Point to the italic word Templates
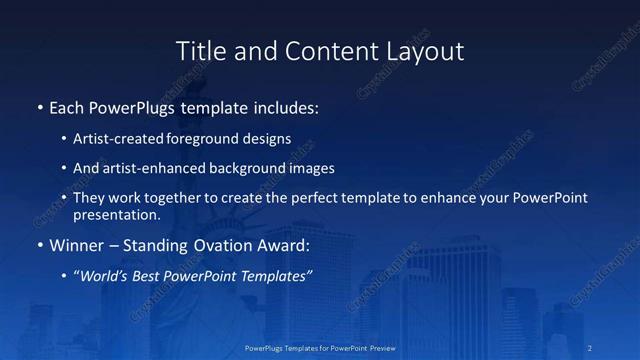pyautogui.click(x=272, y=276)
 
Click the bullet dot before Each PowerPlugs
pyautogui.click(x=39, y=106)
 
